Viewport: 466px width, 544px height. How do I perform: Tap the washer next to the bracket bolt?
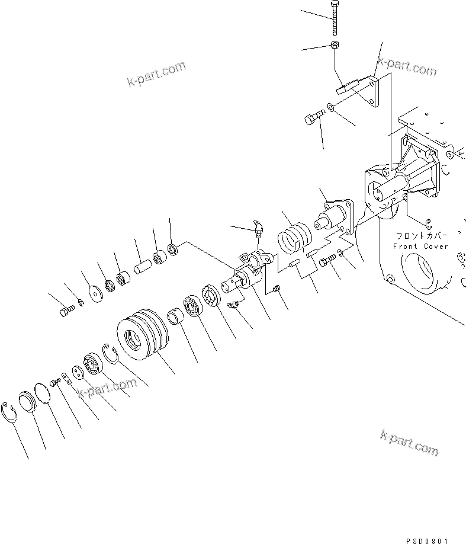click(330, 108)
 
